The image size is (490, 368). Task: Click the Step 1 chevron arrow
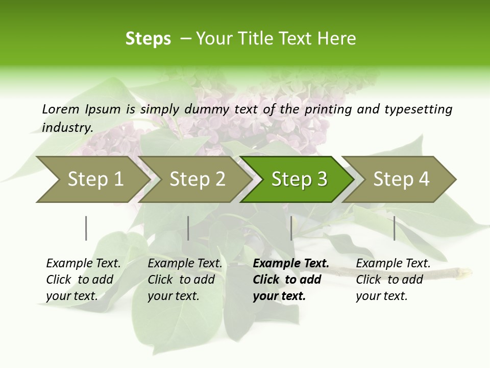click(95, 179)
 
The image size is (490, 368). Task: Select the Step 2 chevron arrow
click(197, 179)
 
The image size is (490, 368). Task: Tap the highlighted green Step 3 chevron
click(299, 179)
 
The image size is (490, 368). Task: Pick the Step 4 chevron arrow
click(401, 179)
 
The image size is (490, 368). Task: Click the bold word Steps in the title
click(148, 39)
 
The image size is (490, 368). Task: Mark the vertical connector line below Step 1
click(86, 228)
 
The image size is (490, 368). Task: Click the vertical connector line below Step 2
click(188, 228)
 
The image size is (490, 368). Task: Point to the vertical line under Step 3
click(291, 228)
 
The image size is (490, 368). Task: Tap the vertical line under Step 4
click(394, 228)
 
